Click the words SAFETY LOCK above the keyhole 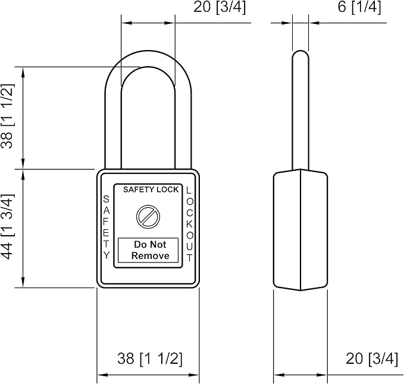tap(151, 190)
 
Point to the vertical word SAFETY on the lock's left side tap(106, 227)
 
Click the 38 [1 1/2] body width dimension tap(149, 358)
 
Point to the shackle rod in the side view tap(300, 119)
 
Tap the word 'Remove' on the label tap(150, 256)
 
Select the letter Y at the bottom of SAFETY tap(107, 255)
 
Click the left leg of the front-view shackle tap(114, 125)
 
